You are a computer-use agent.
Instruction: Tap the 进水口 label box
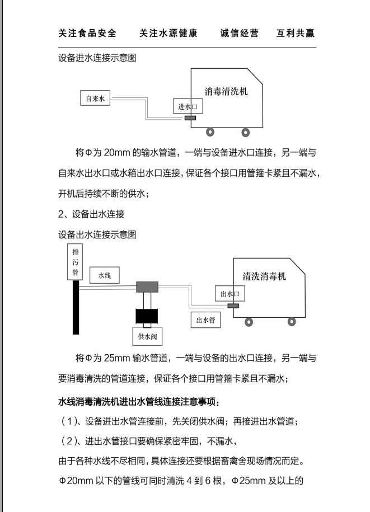[x=189, y=106]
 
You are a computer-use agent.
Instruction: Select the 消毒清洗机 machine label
[x=226, y=92]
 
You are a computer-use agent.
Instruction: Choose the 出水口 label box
[x=229, y=293]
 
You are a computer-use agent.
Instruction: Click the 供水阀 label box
[x=146, y=337]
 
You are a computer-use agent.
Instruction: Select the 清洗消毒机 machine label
[x=264, y=276]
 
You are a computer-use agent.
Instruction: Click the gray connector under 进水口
[x=190, y=118]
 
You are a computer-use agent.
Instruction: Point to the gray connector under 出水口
[x=233, y=306]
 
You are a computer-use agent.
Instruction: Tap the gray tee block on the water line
[x=148, y=287]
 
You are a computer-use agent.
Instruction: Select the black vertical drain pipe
[x=74, y=307]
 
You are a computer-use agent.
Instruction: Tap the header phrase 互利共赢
[x=295, y=34]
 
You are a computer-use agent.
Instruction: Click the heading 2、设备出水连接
[x=91, y=214]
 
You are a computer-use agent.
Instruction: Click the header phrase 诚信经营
[x=240, y=34]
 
